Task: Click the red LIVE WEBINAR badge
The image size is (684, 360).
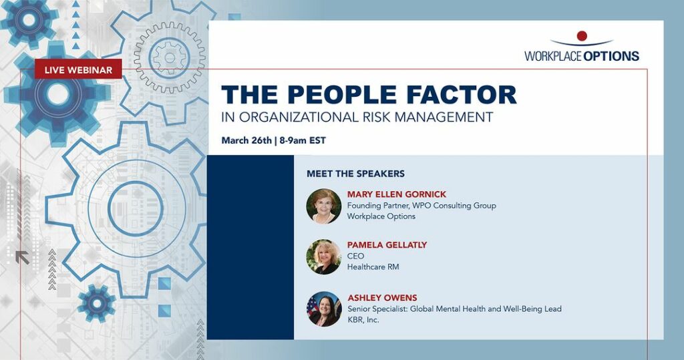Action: [78, 69]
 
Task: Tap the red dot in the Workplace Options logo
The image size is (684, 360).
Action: [582, 36]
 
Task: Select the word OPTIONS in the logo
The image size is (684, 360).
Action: [611, 56]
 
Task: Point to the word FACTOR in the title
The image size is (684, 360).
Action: [462, 94]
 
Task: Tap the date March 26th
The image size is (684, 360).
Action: [246, 140]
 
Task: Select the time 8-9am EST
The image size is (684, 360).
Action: [303, 140]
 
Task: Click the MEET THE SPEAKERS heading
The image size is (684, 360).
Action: [355, 174]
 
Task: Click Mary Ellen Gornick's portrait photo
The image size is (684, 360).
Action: [324, 206]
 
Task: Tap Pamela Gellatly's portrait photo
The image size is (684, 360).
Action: [324, 256]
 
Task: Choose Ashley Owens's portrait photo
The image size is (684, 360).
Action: [324, 309]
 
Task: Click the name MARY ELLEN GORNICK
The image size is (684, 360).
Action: [397, 194]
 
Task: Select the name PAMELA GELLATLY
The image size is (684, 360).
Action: [387, 245]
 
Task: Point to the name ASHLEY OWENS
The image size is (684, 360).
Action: [382, 298]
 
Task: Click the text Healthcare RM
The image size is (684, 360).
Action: [373, 266]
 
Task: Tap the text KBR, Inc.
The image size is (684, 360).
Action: [363, 320]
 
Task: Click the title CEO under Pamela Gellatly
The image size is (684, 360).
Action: [355, 256]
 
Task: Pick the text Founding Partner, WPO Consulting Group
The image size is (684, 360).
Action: [421, 206]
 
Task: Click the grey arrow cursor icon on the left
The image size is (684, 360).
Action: [22, 257]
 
